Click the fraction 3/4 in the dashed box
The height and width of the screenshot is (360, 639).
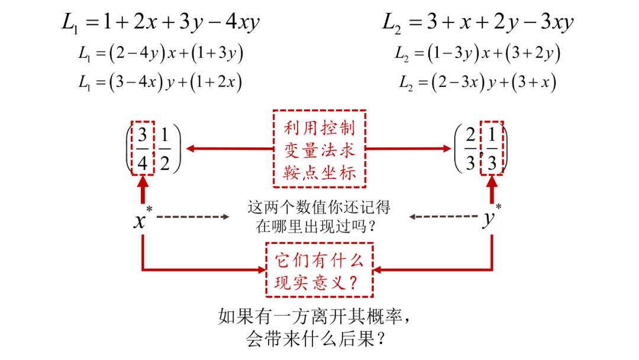(142, 149)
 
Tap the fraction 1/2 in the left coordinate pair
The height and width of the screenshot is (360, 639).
(165, 149)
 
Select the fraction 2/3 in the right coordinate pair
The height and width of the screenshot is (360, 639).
(470, 149)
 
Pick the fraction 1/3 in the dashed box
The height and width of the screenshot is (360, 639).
(493, 149)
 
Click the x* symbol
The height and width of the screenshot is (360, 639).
(142, 219)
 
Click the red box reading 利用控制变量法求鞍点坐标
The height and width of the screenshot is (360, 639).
(319, 148)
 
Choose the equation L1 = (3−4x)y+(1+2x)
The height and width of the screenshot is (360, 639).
(160, 82)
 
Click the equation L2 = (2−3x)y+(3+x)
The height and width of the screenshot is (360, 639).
(478, 82)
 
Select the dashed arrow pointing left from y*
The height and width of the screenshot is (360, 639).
(444, 217)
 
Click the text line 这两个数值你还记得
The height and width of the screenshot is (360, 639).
(319, 208)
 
